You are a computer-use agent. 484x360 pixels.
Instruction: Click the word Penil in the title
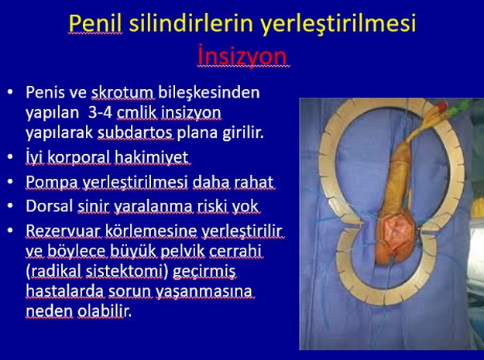[x=95, y=23]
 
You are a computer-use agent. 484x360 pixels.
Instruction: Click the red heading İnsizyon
[x=243, y=56]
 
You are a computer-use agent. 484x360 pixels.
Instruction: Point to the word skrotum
[x=122, y=92]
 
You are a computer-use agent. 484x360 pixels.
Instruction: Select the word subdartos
[x=135, y=132]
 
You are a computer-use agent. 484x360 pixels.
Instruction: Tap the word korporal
[x=79, y=157]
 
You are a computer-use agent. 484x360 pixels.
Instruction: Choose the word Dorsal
[x=50, y=206]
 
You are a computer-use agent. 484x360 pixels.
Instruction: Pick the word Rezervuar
[x=64, y=231]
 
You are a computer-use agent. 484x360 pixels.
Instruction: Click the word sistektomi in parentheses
[x=124, y=271]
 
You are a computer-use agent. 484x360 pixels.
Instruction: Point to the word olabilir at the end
[x=103, y=311]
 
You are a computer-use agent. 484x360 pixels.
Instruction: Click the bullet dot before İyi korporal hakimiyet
[x=11, y=156]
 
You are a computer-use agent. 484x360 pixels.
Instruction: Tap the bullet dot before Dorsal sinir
[x=11, y=206]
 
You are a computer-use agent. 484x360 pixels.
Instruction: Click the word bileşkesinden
[x=209, y=93]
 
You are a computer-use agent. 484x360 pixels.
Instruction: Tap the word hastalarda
[x=65, y=291]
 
